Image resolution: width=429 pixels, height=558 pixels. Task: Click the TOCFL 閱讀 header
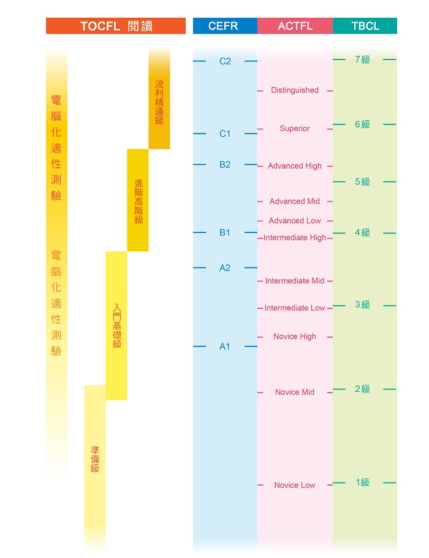point(116,26)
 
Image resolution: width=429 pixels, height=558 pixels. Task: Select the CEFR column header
point(225,26)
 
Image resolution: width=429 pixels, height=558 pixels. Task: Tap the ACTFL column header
point(295,26)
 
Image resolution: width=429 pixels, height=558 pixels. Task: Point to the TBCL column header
point(365,26)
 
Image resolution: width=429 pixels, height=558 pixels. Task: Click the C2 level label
point(225,61)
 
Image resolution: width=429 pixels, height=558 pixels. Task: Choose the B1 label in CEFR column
point(225,232)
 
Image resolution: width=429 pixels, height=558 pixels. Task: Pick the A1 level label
point(225,346)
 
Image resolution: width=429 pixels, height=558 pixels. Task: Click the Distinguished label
point(295,90)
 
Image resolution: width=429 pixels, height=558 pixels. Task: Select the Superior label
point(295,129)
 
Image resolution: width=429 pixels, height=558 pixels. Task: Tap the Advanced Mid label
point(295,201)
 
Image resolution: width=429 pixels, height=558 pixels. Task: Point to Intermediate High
point(295,238)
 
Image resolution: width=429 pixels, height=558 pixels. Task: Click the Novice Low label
point(295,485)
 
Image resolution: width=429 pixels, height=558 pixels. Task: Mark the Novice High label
point(295,337)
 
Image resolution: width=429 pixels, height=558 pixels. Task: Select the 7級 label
point(362,59)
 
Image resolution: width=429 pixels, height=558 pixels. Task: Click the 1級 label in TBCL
point(362,483)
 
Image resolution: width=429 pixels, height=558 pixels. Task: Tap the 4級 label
point(362,233)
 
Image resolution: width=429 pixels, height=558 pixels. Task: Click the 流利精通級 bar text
point(159,102)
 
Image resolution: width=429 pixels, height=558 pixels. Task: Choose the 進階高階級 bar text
point(139,201)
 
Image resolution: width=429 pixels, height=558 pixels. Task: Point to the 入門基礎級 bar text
point(117,326)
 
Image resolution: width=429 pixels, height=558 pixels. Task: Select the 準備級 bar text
point(95,459)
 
